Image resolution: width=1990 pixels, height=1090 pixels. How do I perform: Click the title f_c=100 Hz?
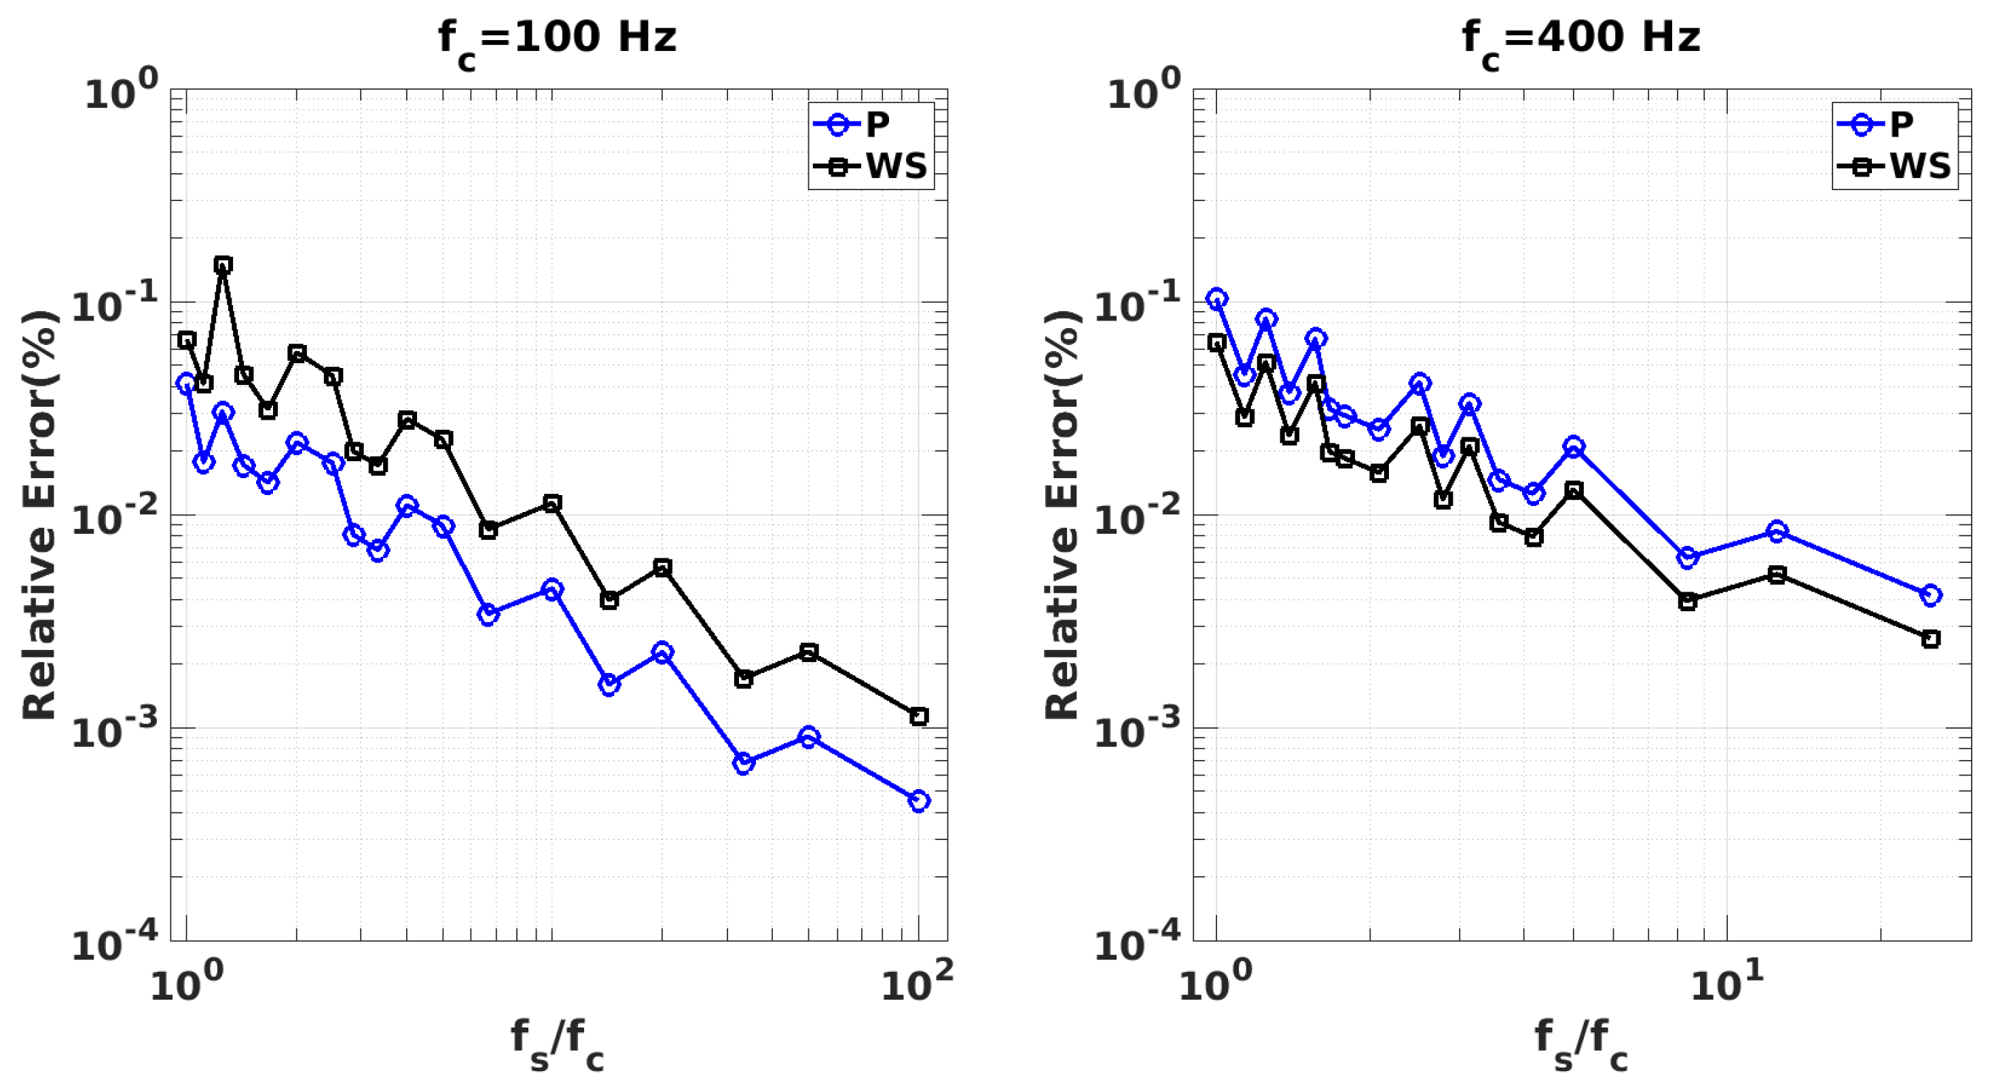point(557,39)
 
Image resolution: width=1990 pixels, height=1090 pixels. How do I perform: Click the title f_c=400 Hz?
point(1580,39)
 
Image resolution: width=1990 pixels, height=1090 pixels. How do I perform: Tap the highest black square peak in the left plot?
point(223,265)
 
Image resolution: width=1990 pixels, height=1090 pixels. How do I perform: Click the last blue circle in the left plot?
point(918,800)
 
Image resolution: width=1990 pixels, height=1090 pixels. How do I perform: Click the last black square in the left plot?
point(918,716)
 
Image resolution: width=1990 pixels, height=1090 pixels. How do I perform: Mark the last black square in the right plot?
point(1930,639)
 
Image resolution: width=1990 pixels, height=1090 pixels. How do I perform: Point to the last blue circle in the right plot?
point(1930,595)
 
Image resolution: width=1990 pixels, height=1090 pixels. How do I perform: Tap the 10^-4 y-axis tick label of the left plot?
point(114,941)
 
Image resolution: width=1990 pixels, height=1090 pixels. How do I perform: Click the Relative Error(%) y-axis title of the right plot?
point(1063,515)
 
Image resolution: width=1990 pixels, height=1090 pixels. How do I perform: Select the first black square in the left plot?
point(186,340)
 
